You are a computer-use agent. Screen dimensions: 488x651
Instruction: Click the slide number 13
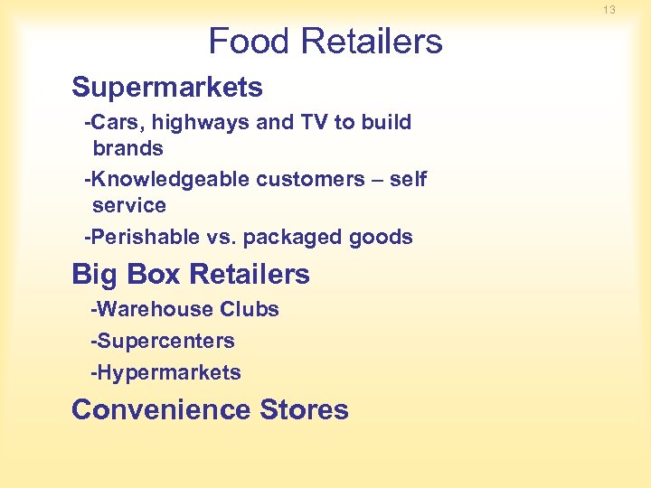[609, 10]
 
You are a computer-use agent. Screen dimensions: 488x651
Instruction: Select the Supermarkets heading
[167, 88]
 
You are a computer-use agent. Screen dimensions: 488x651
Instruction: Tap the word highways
[206, 123]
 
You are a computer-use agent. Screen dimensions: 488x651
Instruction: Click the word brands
[127, 148]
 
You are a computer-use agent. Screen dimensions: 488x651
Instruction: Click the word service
[129, 205]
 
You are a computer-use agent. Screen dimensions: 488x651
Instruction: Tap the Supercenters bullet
[162, 341]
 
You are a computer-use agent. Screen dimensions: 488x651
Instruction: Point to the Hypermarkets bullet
[165, 372]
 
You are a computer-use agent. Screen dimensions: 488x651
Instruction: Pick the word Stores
[304, 409]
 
